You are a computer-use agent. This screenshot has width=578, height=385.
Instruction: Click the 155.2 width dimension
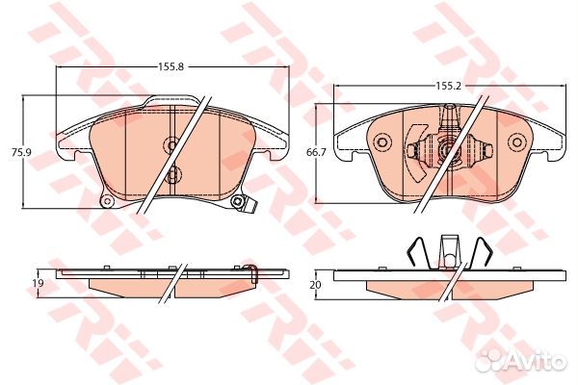(445, 87)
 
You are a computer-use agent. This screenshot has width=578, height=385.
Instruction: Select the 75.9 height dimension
(16, 151)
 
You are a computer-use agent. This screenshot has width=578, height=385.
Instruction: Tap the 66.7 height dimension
(314, 153)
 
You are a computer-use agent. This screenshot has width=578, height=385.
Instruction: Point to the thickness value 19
(39, 282)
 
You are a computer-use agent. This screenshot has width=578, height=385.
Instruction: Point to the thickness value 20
(314, 285)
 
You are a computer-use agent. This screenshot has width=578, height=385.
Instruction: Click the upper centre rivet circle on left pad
(172, 145)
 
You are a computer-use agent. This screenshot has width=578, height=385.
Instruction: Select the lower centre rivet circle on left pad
(172, 175)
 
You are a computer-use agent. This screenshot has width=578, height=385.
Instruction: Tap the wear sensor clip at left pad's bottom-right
(245, 203)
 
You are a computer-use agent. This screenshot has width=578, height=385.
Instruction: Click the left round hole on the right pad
(381, 144)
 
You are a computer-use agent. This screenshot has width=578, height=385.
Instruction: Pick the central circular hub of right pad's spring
(445, 149)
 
